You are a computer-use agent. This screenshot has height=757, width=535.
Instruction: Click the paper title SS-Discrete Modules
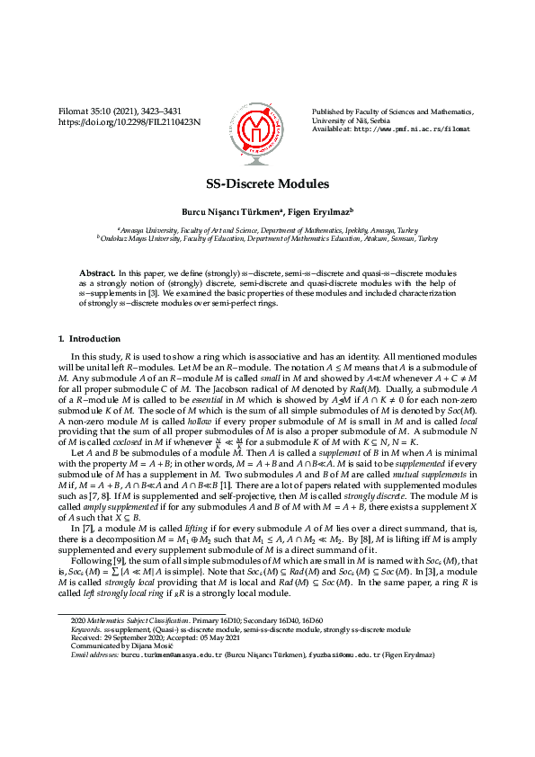pyautogui.click(x=267, y=183)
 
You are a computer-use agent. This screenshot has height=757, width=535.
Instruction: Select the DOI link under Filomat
pyautogui.click(x=129, y=120)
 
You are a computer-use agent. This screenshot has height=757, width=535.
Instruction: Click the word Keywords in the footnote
pyautogui.click(x=86, y=629)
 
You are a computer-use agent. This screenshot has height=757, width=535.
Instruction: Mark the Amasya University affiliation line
pyautogui.click(x=267, y=230)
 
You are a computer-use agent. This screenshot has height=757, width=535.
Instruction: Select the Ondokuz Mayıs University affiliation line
pyautogui.click(x=267, y=239)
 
